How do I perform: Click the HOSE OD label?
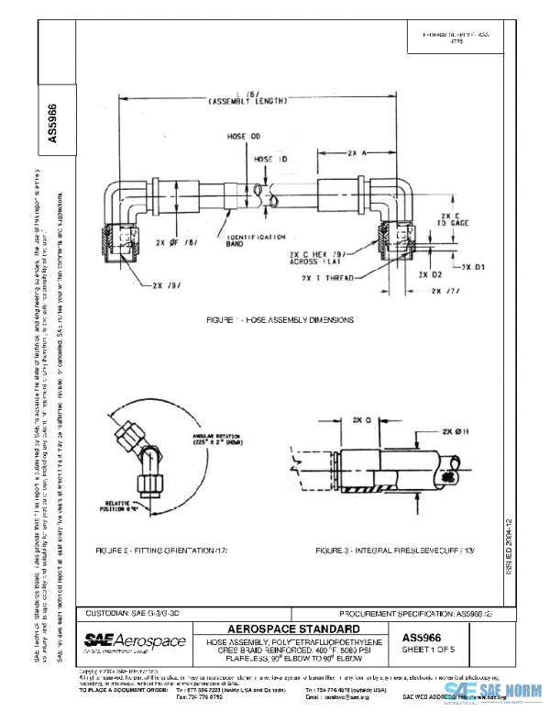point(240,137)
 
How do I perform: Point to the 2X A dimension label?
point(357,154)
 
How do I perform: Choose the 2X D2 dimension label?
point(431,273)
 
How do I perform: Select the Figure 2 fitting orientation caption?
point(160,549)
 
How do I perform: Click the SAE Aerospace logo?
point(135,640)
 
